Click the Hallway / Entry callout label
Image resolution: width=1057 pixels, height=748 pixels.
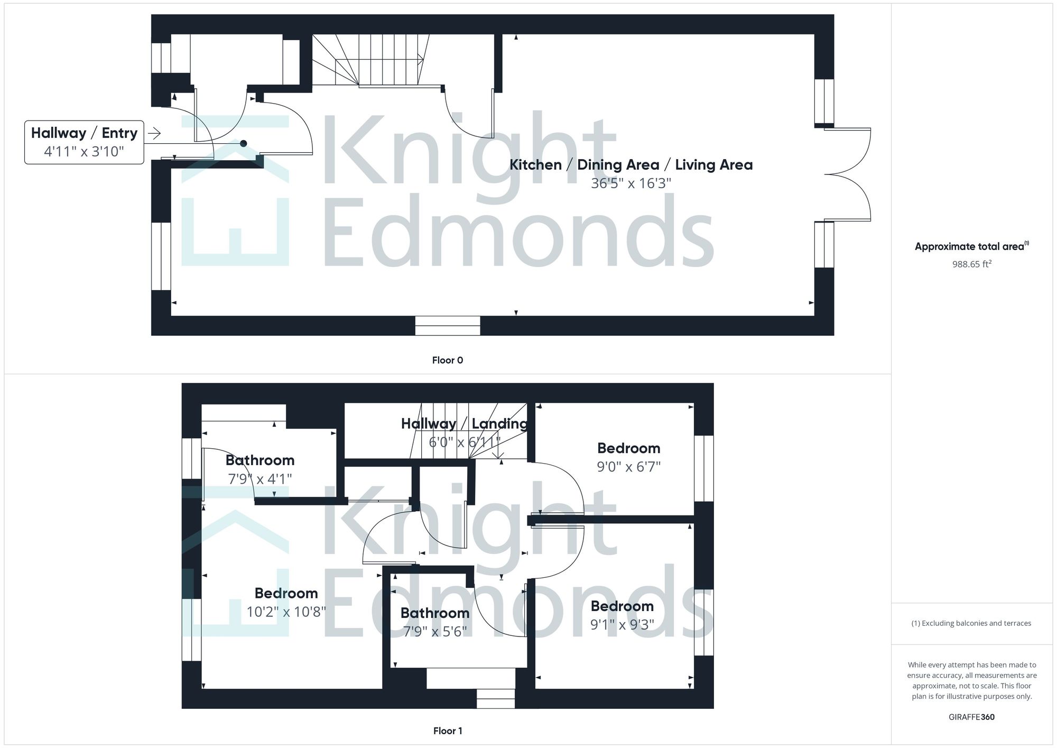coord(84,133)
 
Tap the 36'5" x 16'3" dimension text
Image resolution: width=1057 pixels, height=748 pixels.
coord(631,183)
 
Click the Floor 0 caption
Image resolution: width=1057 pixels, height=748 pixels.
coord(447,360)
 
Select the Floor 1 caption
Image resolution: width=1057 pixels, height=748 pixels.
coord(447,731)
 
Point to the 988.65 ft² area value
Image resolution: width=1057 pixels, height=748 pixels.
coord(971,264)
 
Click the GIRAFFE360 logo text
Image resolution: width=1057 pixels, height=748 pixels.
coord(971,717)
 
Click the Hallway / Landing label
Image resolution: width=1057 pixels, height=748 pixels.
coord(464,423)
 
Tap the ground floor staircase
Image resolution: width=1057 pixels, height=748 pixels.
coord(370,60)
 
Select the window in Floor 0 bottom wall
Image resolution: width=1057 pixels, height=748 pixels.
coord(447,326)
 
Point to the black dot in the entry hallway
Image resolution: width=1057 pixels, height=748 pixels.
coord(243,143)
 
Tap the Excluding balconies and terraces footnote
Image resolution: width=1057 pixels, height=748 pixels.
coord(971,623)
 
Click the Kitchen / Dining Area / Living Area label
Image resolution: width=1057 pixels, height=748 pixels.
coord(631,164)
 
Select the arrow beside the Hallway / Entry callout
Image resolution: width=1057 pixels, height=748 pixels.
coord(154,133)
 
